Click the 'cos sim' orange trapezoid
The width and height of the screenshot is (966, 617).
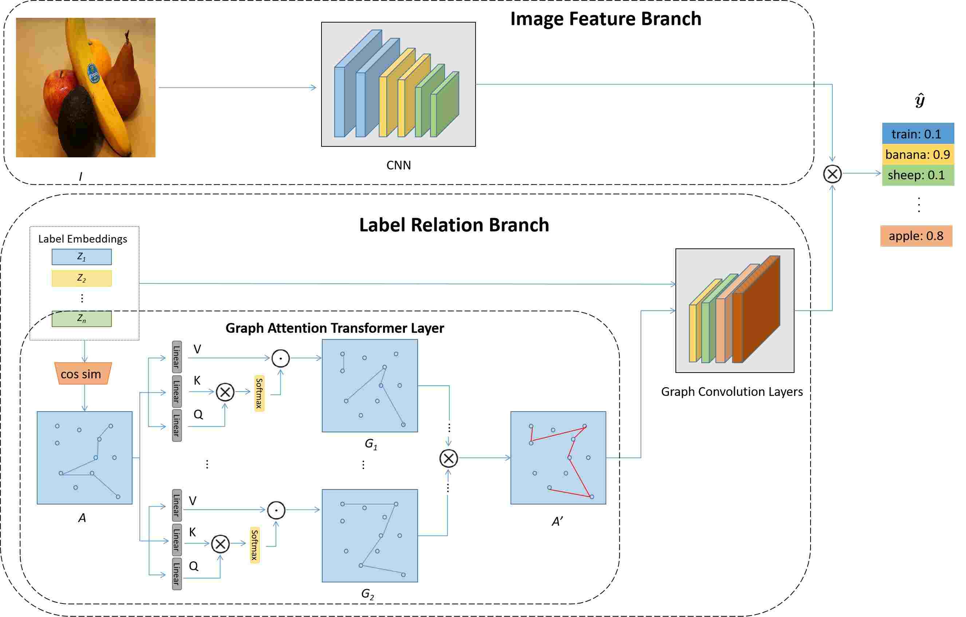83,374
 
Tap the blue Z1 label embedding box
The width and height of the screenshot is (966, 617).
82,257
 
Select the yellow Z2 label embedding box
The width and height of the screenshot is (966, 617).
82,278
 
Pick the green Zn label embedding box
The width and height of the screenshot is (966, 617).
82,319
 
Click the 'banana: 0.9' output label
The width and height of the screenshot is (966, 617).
918,154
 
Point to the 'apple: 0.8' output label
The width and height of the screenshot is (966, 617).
916,236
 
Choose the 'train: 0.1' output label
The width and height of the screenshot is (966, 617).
918,134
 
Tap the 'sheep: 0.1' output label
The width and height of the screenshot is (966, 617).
918,175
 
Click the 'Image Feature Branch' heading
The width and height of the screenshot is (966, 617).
606,19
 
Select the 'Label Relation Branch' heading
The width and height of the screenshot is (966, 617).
454,225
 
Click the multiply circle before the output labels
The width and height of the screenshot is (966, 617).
832,174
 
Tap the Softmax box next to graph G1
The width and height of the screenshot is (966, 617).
259,393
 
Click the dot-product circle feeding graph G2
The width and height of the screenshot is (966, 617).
276,510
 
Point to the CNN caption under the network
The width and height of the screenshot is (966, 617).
398,165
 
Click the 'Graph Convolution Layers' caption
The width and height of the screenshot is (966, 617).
732,392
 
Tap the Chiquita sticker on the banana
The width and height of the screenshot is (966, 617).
94,74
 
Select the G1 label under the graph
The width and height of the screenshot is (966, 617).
371,444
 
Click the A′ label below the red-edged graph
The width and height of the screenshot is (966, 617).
557,522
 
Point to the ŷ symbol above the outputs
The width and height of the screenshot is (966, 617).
920,100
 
